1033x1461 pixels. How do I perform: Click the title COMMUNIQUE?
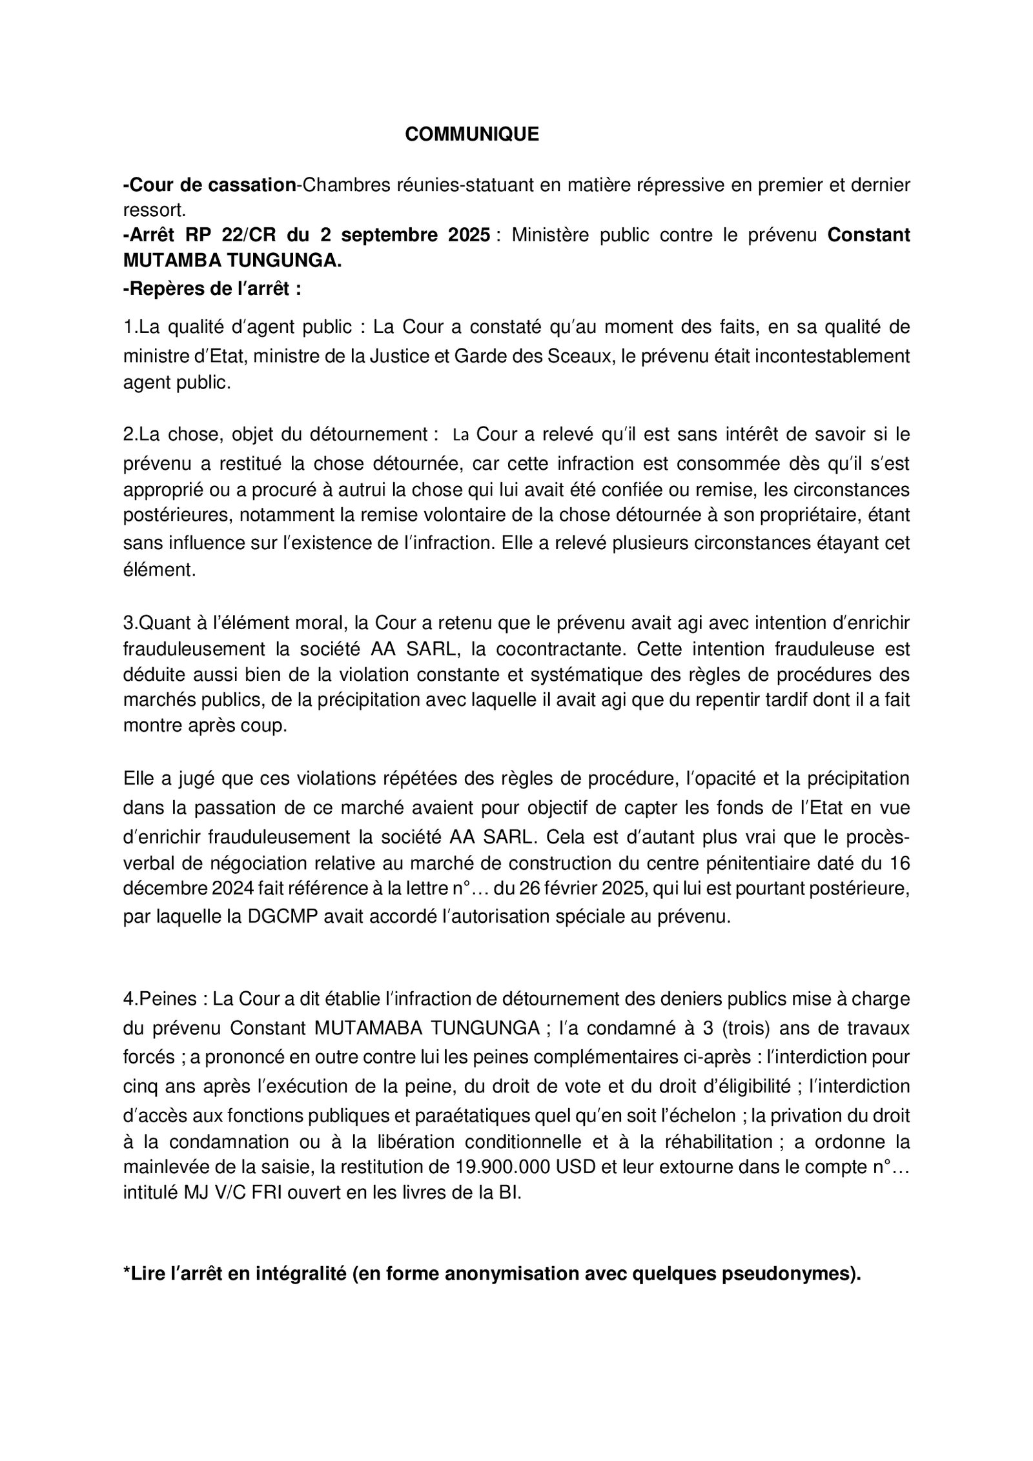click(x=471, y=134)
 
